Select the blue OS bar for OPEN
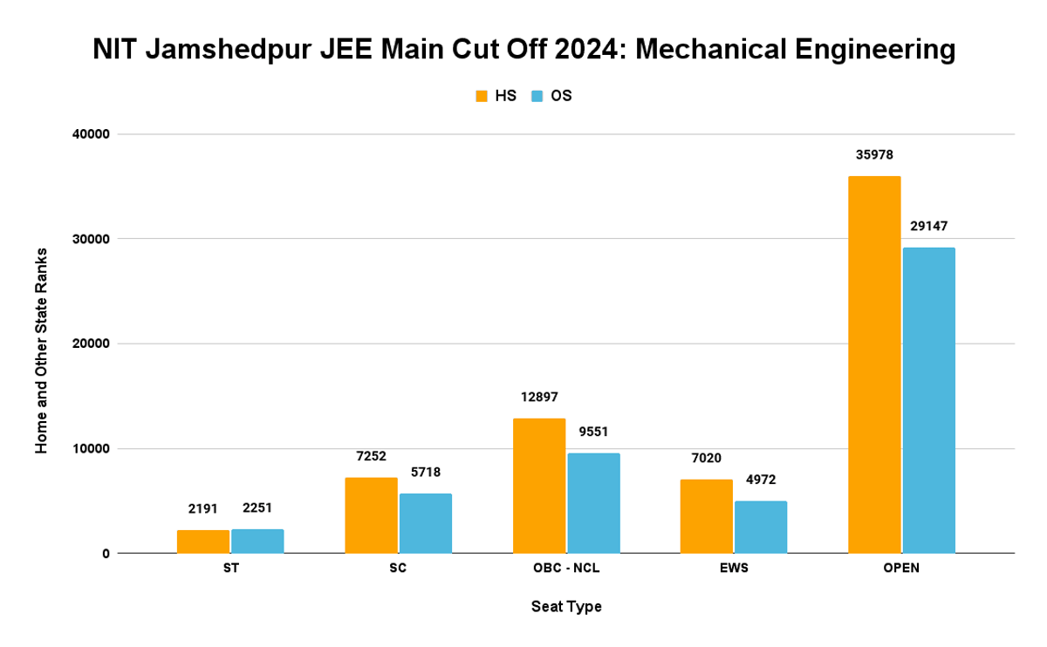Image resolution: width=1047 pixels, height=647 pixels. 928,400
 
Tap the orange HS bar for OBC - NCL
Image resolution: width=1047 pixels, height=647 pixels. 539,486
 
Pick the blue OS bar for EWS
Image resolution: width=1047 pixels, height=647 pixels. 761,527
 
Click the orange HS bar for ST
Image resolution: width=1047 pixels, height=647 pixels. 203,541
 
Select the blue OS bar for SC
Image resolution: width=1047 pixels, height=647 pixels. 426,523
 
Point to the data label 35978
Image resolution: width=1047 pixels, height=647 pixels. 874,155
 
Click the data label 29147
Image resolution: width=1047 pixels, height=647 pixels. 928,226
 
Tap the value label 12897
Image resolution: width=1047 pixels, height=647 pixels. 539,397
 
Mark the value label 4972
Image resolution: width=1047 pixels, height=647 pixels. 761,480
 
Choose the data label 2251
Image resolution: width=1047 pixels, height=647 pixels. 257,508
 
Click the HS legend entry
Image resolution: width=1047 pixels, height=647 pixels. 496,96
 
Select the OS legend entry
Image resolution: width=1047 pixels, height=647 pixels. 551,96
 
